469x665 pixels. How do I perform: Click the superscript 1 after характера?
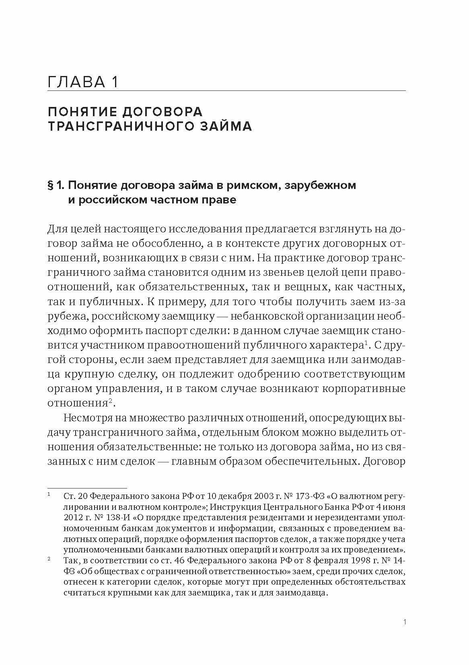point(366,343)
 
